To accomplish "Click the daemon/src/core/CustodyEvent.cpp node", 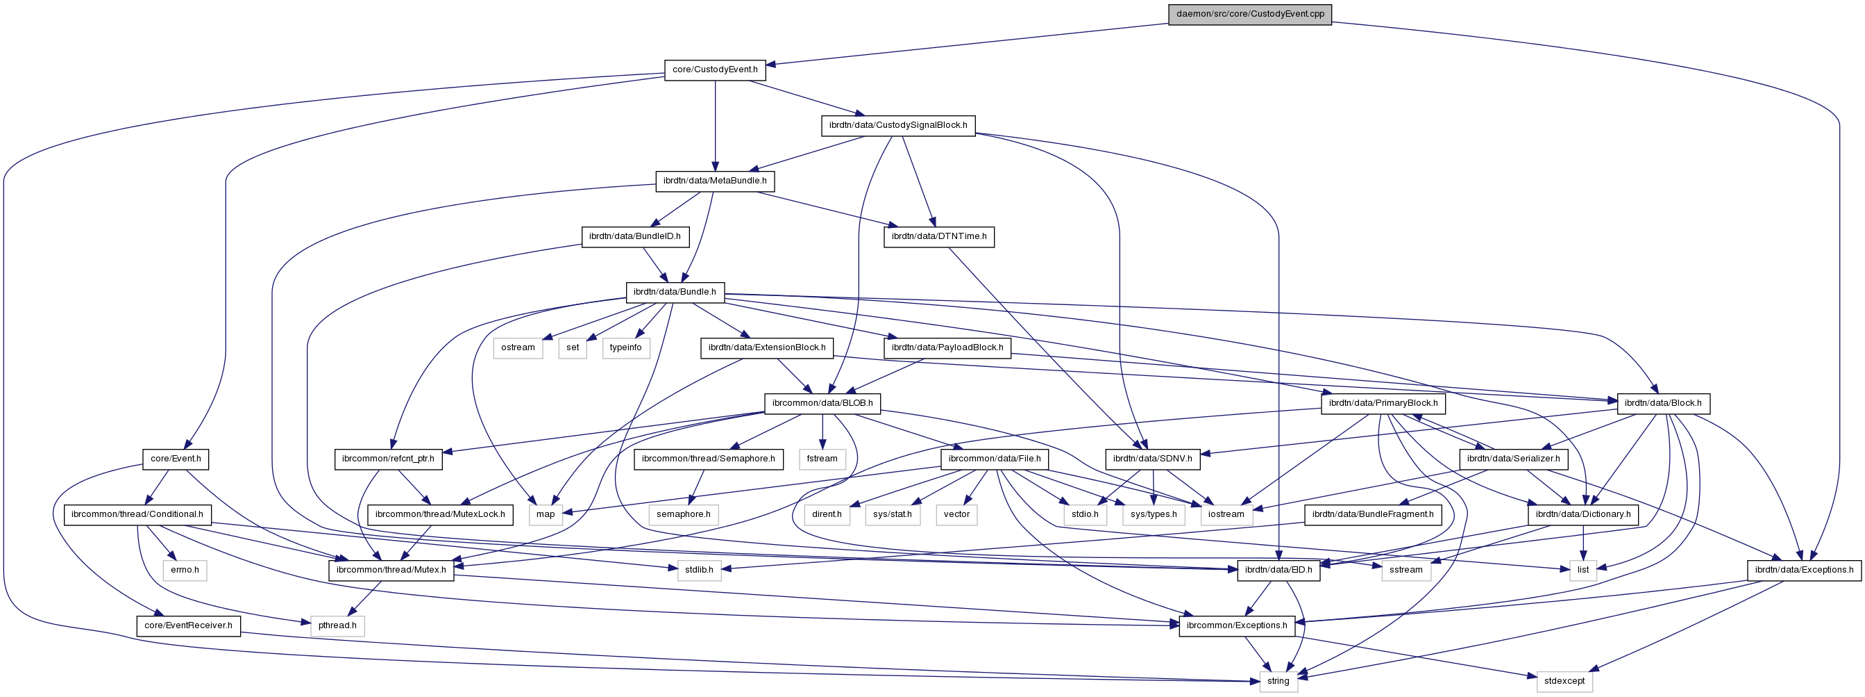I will tap(1249, 14).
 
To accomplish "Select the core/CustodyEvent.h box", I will tap(715, 69).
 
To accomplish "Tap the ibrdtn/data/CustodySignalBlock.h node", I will tap(897, 125).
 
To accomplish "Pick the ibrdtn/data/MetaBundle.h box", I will tap(715, 181).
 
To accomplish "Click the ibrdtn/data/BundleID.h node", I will tap(634, 236).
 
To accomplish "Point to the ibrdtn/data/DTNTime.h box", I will tap(938, 236).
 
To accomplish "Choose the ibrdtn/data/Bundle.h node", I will tap(674, 292).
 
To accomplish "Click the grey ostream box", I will tap(518, 347).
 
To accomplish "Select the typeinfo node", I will tap(625, 347).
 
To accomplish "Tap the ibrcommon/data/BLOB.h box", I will tap(822, 403).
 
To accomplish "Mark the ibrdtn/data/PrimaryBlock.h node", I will tap(1383, 403).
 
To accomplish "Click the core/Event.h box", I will tap(175, 459).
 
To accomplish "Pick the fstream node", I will tap(822, 459).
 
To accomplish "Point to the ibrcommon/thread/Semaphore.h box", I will tap(708, 459).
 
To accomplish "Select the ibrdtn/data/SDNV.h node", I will tap(1152, 459).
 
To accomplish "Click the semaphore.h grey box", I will tap(684, 514).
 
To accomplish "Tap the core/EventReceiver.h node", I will tap(188, 625).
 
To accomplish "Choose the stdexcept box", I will tap(1564, 681).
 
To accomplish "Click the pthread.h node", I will tap(337, 625).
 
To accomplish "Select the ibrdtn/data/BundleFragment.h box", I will tap(1373, 514).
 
